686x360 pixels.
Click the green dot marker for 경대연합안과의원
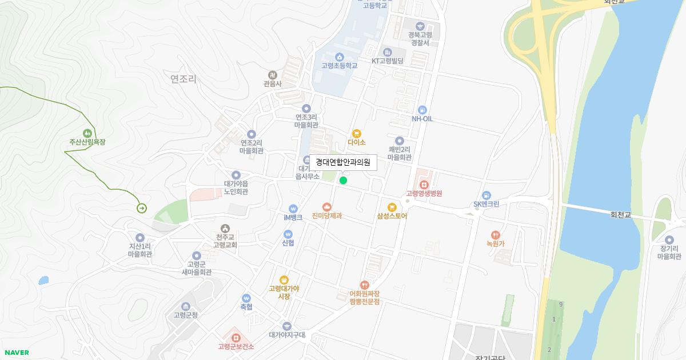343,181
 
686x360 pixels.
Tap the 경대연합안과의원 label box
343,162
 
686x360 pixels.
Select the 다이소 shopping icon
357,133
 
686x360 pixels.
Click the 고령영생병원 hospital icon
424,185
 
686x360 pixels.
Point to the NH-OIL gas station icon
422,110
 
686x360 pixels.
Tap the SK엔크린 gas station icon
486,195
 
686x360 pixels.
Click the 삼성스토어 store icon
392,207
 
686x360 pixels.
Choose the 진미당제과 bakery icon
327,207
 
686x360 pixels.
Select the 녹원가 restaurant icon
496,234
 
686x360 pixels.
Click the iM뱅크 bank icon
293,209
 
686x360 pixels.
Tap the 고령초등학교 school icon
339,57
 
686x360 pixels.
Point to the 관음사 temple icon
273,75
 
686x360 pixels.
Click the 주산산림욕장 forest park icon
87,133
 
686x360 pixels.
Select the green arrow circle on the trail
141,208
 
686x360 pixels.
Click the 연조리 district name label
183,79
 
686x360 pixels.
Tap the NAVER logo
16,353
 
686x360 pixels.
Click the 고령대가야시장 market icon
284,279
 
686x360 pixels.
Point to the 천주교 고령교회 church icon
225,229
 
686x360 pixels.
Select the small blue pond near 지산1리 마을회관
43,281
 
